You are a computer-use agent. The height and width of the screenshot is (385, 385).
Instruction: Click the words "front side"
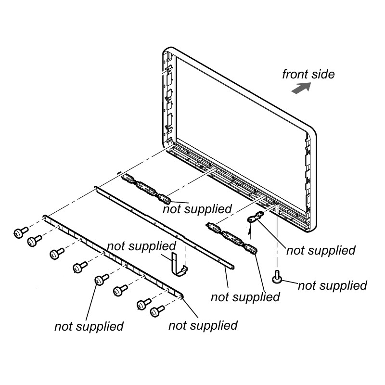tap(308, 74)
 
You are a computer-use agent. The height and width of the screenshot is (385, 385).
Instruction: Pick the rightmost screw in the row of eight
tap(156, 311)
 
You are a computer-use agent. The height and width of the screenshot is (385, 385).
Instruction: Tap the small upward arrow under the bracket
tap(250, 231)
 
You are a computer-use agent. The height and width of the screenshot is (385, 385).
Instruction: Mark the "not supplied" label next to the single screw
tap(332, 285)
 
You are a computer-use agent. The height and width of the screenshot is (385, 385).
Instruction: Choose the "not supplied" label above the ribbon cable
tap(141, 246)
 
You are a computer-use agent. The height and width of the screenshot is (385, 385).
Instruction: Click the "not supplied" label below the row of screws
tap(89, 326)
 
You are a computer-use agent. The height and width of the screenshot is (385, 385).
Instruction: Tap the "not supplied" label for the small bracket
tap(321, 250)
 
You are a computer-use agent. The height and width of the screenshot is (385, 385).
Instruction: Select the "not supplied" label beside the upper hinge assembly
tap(197, 209)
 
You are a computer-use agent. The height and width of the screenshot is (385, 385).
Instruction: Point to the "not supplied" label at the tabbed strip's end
tap(203, 325)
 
